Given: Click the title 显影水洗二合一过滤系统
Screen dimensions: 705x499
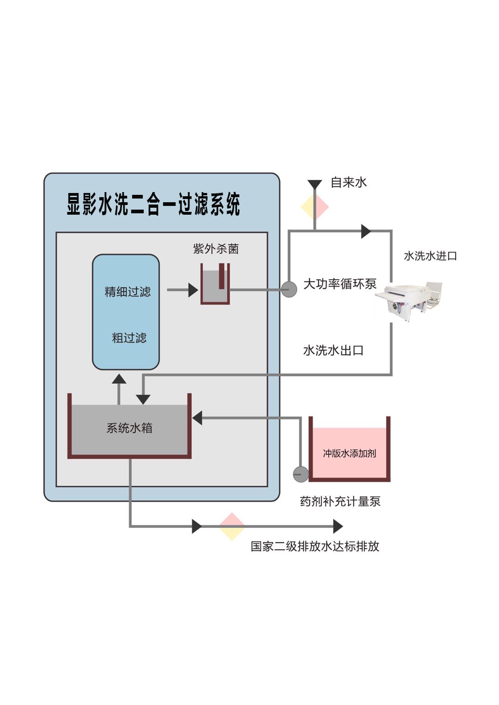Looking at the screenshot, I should pos(153,205).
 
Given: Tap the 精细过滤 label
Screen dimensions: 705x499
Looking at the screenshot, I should pos(128,292).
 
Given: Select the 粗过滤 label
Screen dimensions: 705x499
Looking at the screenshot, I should pos(129,338).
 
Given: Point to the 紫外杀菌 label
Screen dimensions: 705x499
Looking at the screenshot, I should pos(216,249).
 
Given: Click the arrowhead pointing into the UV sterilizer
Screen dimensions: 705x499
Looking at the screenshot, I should pos(193,290).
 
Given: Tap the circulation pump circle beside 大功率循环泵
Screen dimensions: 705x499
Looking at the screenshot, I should pos(289,289).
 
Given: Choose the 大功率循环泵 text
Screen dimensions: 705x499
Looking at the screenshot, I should pos(340,283).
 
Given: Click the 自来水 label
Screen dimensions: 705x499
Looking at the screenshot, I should pos(348,182).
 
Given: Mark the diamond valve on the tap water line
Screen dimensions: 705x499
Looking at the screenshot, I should pos(315,207).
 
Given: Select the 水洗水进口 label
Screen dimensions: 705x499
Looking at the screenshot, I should pos(430,256).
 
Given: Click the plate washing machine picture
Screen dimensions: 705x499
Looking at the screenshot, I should pos(409,300).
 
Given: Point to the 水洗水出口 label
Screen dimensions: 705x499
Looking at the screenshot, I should pos(333,350).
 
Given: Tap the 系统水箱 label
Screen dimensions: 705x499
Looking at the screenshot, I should pos(129,428).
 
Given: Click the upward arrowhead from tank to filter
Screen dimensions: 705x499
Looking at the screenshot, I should pos(119,380).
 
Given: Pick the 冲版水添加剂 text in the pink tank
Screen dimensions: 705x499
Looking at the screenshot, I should pos(349,453).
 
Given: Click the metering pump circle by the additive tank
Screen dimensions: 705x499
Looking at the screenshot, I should pos(301,474).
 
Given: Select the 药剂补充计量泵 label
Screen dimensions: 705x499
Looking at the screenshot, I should pos(340,501).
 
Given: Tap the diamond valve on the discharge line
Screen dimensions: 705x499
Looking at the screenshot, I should pos(231,526).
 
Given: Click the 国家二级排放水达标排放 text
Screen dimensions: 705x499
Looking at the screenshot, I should pos(315,546).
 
